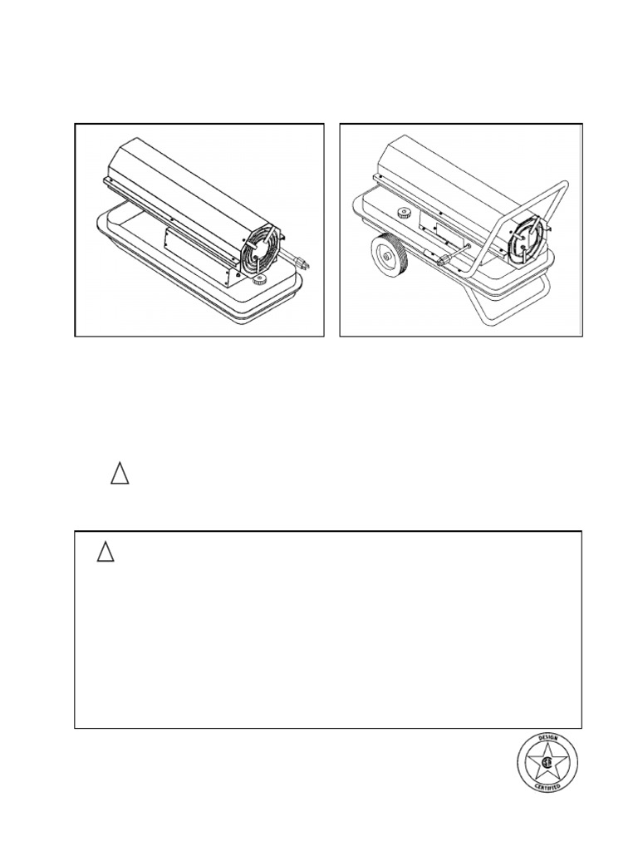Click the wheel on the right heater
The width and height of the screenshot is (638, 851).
389,256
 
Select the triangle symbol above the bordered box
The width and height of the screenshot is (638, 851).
120,473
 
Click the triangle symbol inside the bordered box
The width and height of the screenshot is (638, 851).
106,551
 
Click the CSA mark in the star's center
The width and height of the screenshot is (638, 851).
547,763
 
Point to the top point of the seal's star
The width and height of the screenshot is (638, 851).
547,743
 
